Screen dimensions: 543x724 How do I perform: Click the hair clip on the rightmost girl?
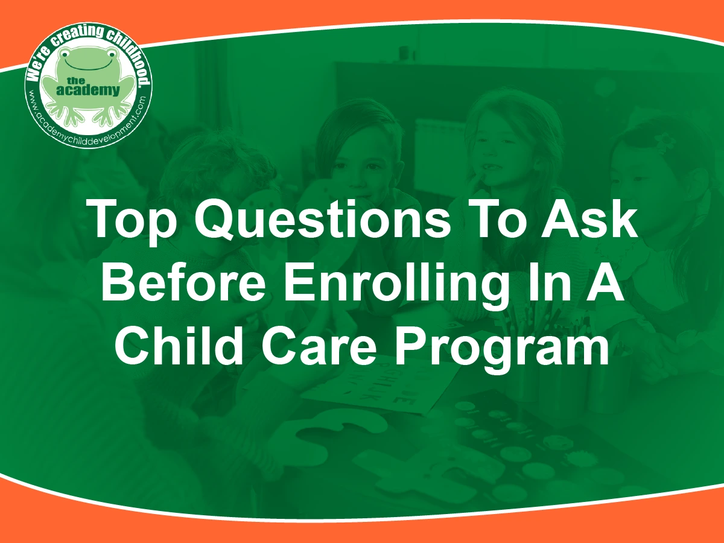pyautogui.click(x=663, y=143)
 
